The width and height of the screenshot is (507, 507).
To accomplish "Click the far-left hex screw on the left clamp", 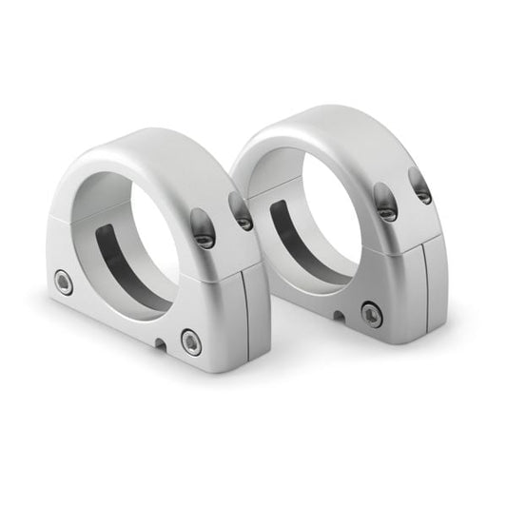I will coord(64,281).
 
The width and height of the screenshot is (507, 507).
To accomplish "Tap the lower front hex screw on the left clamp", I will coord(191,342).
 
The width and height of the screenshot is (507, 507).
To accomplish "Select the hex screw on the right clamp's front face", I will coord(372,314).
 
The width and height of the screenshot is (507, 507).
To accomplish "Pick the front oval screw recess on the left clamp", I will coord(204,228).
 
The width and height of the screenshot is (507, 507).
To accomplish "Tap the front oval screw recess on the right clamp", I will coord(385,202).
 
